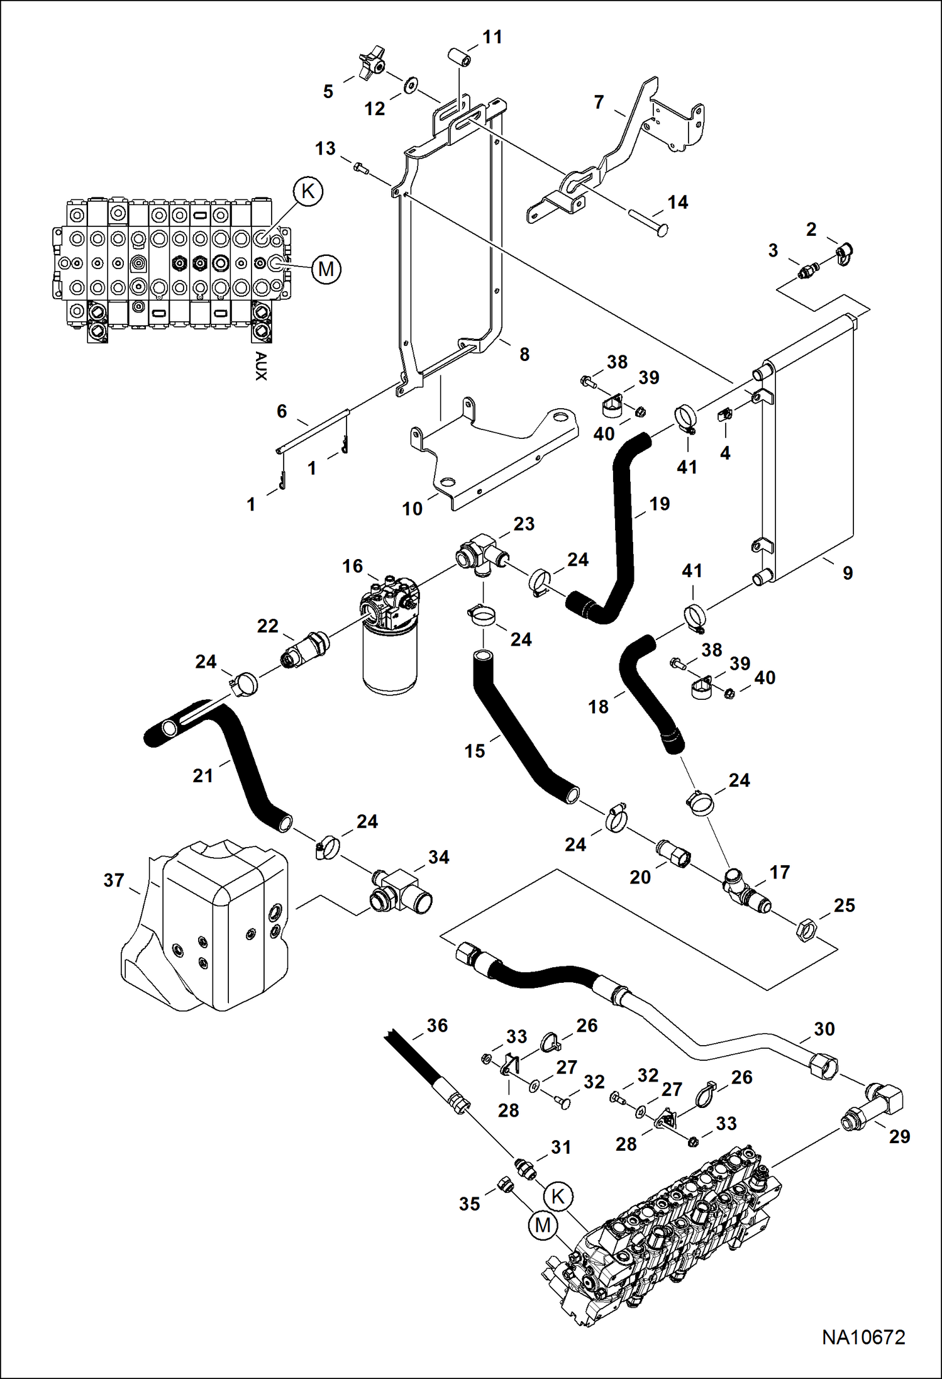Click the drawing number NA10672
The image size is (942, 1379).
coord(863,1337)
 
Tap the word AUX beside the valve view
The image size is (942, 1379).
coord(261,366)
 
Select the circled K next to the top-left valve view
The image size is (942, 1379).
coord(308,191)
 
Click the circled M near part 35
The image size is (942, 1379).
coord(543,1225)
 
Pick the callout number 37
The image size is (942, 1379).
coord(113,880)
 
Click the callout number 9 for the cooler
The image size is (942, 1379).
coord(847,573)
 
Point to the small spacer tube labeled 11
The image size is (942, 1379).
coord(459,56)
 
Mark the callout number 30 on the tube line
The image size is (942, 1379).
coord(824,1029)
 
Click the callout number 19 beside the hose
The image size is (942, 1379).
coord(659,504)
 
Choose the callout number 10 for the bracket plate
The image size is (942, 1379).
coord(412,508)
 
